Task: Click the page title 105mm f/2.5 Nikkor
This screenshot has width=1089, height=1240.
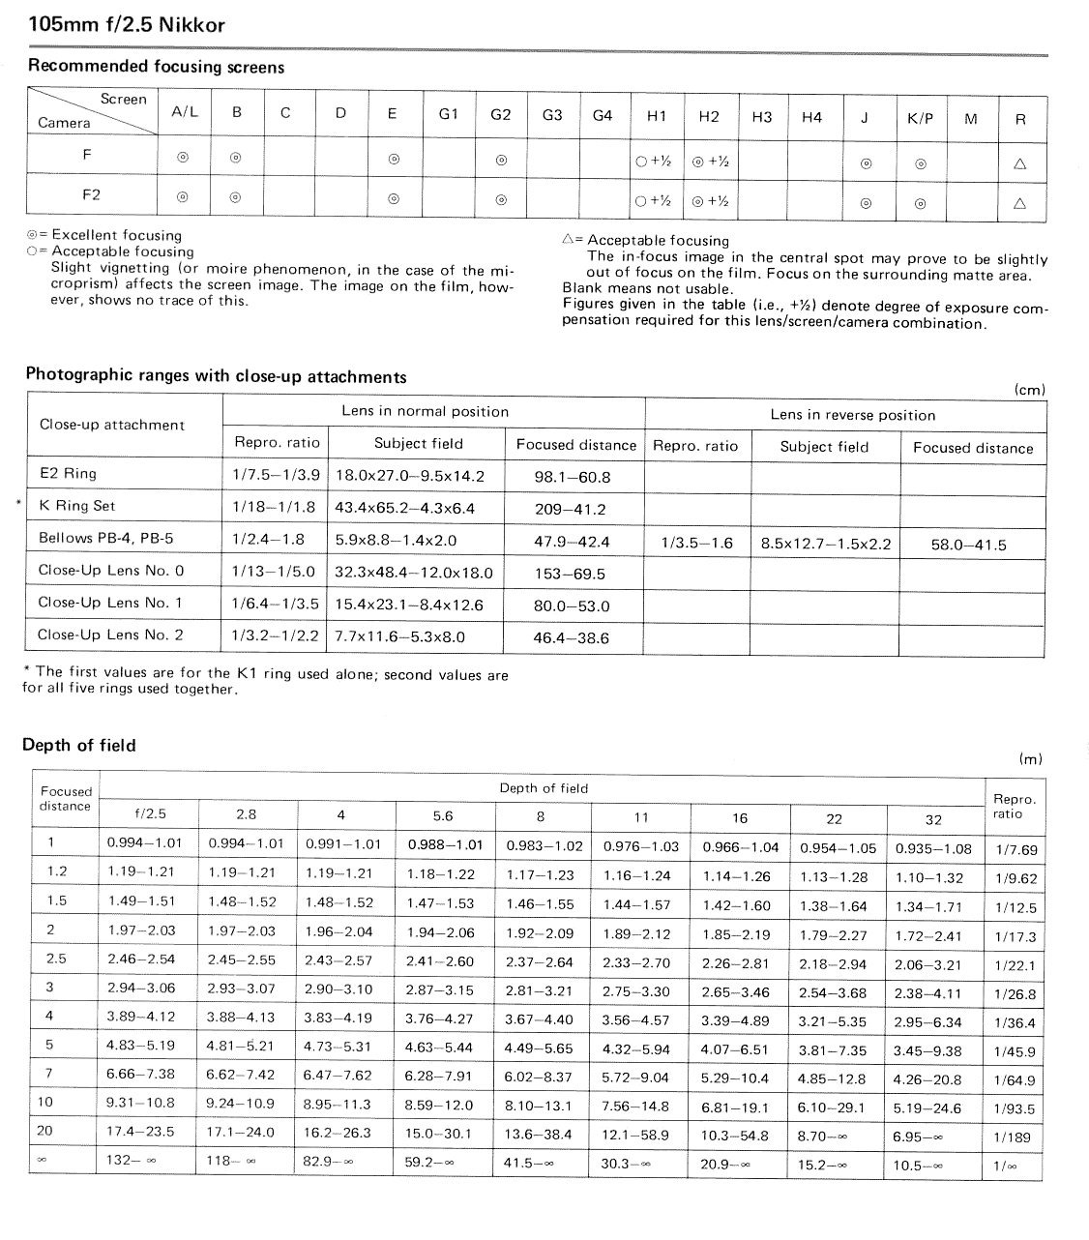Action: click(x=127, y=25)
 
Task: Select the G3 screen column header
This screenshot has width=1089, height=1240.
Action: click(x=552, y=115)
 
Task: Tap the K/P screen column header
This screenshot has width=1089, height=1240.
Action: click(x=920, y=119)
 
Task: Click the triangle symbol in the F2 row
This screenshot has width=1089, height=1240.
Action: click(x=1019, y=204)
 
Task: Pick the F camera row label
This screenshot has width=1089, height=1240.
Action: click(x=88, y=153)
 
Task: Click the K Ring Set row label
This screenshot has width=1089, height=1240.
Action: click(x=77, y=506)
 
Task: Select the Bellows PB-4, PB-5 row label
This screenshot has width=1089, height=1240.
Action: click(x=106, y=539)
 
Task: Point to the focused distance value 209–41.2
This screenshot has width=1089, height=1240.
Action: click(x=571, y=510)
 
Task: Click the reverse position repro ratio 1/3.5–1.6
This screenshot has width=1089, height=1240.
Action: click(x=696, y=544)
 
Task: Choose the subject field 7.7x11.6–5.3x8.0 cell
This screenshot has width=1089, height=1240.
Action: click(x=400, y=637)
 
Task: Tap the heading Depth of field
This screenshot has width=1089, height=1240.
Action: click(x=78, y=746)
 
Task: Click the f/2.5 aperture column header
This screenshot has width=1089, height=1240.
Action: click(x=150, y=814)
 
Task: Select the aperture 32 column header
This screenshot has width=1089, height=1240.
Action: click(x=933, y=819)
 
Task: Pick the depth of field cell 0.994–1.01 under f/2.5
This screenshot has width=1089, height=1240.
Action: click(x=145, y=843)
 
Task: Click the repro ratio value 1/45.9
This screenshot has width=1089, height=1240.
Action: click(x=1015, y=1051)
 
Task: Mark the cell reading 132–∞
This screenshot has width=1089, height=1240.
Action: click(x=132, y=1161)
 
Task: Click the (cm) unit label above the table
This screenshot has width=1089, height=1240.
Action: click(x=1030, y=390)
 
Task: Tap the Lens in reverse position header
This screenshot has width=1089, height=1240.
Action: click(x=853, y=415)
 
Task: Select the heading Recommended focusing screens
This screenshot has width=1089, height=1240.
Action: click(x=156, y=67)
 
